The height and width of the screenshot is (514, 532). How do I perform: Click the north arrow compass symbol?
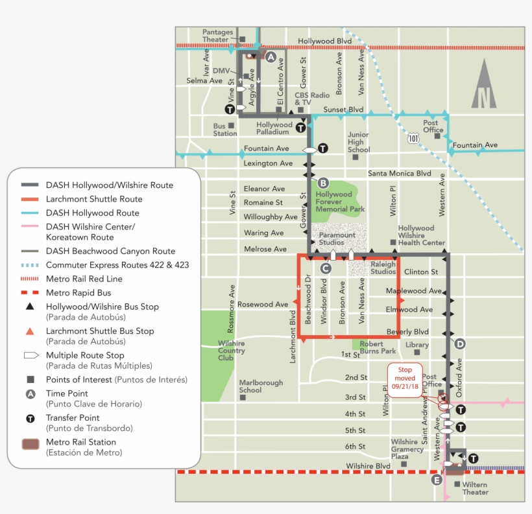(x=483, y=84)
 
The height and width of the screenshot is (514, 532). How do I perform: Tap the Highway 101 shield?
(x=413, y=138)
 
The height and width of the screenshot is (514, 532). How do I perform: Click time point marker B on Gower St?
(x=322, y=183)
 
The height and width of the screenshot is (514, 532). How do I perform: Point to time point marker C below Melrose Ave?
(x=326, y=268)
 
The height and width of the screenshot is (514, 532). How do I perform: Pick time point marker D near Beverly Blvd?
(x=460, y=344)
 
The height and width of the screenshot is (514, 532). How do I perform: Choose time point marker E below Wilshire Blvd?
(x=437, y=480)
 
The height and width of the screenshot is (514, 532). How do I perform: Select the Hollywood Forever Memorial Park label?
(x=339, y=202)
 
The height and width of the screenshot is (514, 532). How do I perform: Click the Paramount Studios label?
(x=337, y=239)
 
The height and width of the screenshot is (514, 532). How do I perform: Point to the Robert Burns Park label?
(x=378, y=347)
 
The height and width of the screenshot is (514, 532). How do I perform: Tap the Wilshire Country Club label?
(x=231, y=351)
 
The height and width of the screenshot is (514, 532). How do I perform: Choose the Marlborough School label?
(x=261, y=386)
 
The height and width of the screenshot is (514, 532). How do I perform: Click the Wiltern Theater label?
(x=475, y=488)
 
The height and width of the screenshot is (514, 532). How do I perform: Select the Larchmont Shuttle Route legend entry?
(x=94, y=199)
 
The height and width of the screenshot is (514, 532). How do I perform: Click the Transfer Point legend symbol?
(x=30, y=419)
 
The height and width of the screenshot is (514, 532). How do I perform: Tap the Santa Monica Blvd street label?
(x=399, y=174)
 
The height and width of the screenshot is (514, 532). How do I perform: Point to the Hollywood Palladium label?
(x=274, y=128)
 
